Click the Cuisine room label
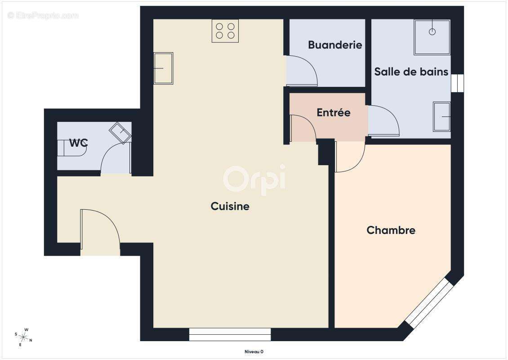pos(230,207)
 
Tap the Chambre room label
pos(391,230)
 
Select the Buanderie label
pos(335,45)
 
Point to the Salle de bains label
pos(411,72)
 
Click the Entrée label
pos(333,113)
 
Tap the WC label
pos(78,143)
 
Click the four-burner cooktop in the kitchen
pos(225,31)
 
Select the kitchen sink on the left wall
pos(163,68)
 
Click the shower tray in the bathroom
pos(432,37)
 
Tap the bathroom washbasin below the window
pos(441,117)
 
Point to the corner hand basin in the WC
pos(120,132)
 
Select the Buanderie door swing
pos(302,71)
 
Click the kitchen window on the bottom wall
pos(230,334)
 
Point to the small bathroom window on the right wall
pos(457,83)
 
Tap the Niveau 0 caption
pos(254,352)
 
